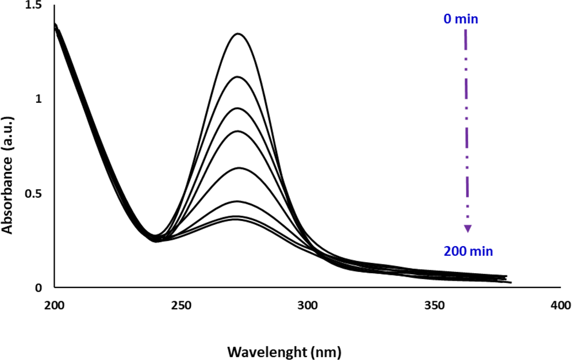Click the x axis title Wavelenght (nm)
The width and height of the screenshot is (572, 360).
(284, 351)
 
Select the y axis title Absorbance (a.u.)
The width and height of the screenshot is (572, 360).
(8, 173)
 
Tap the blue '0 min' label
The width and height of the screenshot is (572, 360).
(460, 19)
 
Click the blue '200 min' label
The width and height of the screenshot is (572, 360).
(468, 251)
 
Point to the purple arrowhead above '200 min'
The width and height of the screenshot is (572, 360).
(468, 228)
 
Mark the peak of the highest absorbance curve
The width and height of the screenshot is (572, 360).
(237, 34)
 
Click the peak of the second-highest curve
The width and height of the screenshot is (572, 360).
(237, 76)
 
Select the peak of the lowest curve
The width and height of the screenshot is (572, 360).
(237, 219)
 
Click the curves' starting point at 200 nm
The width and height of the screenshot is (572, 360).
(55, 25)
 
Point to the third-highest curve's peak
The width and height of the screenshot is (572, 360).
(237, 108)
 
